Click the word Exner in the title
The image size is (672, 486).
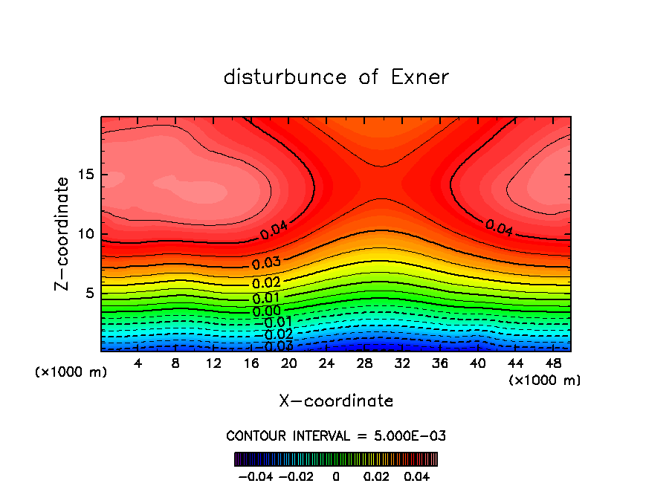[x=420, y=77]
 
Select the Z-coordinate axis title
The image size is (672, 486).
[x=63, y=233]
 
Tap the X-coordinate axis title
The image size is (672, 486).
[x=336, y=401]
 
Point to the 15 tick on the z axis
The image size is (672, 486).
[x=85, y=175]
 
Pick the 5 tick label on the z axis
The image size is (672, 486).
[x=89, y=294]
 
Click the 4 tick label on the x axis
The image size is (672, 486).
[x=138, y=363]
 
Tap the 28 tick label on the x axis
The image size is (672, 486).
[x=364, y=363]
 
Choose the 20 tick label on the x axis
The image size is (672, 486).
[x=288, y=363]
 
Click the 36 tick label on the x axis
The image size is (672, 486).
[x=440, y=363]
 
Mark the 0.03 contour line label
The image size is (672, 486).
[x=266, y=264]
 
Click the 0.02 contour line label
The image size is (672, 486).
[x=266, y=283]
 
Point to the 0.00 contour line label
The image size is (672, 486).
[x=266, y=311]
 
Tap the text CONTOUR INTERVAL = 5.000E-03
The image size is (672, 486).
[x=336, y=435]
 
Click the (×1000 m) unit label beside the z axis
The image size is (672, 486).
[x=71, y=372]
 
